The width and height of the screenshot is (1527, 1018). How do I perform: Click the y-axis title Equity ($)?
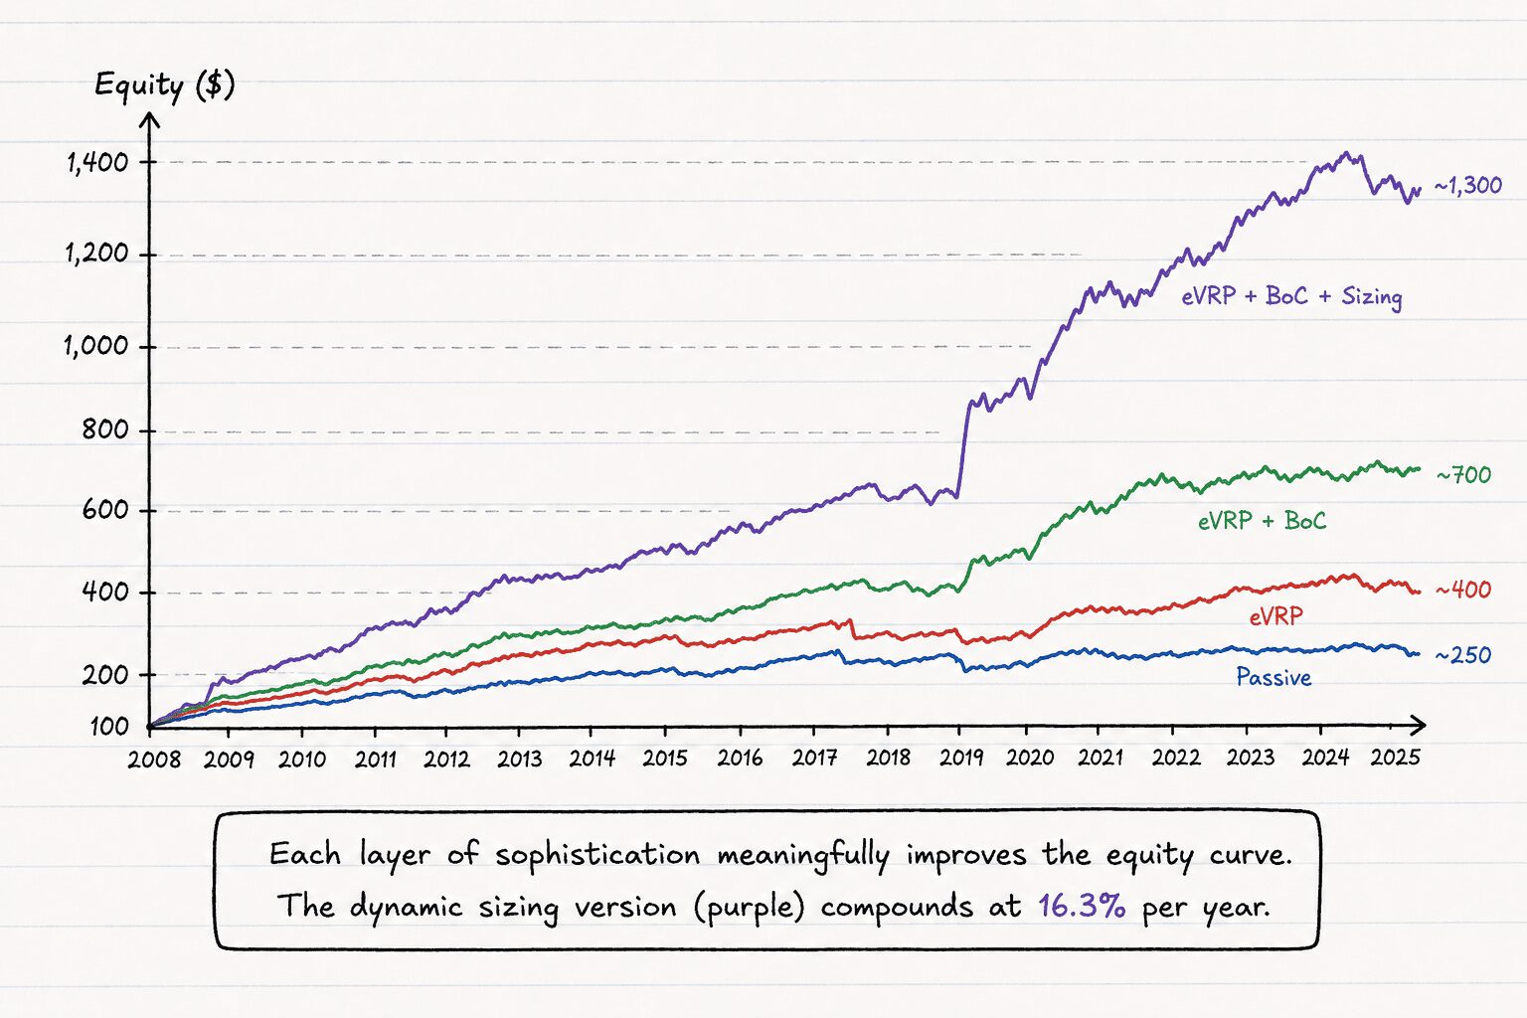coord(164,86)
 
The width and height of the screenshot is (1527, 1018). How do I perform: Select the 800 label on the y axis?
coord(104,430)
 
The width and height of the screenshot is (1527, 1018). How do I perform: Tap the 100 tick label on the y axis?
coord(109,727)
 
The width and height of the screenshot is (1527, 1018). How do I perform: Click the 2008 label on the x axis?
coord(154,760)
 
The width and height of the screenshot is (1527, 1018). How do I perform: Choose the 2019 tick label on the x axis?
coord(961,758)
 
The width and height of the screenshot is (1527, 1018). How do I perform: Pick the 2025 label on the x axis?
coord(1396,757)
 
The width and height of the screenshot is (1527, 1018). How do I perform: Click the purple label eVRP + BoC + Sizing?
coord(1291,296)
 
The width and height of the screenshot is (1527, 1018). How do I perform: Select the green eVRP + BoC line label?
coord(1263,521)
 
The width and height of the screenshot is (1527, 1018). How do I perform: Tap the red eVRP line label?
coord(1275,617)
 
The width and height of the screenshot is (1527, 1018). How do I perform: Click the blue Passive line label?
coord(1273,677)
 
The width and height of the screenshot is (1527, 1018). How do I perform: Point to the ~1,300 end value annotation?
coord(1467,186)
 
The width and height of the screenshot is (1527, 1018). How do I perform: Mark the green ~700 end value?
coord(1463,474)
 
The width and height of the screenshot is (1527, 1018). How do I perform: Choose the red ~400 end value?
coord(1463,590)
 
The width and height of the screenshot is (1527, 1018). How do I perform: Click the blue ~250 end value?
coord(1463,655)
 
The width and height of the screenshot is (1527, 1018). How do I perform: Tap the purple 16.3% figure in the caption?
coord(1082,907)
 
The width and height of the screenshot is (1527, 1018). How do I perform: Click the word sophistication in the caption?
coord(597,855)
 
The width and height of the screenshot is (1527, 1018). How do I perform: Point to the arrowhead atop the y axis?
coord(149,120)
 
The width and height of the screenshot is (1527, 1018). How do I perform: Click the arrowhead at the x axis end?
coord(1417,726)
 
